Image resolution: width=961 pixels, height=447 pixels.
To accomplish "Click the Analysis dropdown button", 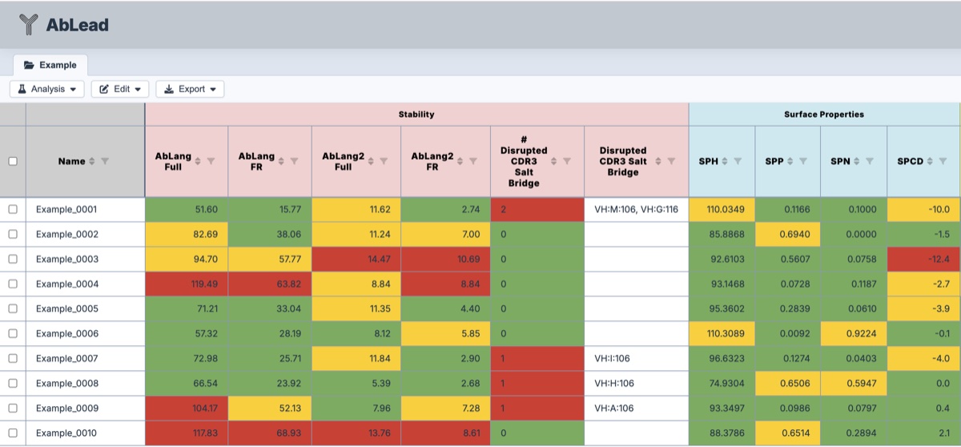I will coord(47,89).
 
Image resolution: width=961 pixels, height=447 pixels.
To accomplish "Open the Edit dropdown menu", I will coord(120,89).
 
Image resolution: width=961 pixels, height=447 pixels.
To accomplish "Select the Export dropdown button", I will coord(190,89).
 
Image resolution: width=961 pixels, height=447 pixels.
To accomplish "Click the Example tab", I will coord(50,65).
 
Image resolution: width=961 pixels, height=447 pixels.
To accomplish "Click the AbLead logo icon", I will coord(29,25).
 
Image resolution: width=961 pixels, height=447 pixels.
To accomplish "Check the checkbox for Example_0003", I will coord(12,260).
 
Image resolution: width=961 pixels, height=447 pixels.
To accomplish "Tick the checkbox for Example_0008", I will coord(12,384).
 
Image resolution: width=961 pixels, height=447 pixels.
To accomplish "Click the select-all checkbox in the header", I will coord(12,161).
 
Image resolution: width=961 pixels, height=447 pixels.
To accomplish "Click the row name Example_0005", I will coord(66,309).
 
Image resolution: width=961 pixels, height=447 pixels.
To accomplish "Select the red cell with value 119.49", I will coord(187,284).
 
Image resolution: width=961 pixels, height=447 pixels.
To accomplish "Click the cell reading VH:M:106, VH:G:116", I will coord(636,210).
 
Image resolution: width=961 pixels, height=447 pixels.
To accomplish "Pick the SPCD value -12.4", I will coord(923,260).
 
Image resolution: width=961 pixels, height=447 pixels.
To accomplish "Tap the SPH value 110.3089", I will coord(722,334).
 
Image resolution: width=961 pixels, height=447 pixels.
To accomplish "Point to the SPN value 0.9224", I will coord(854,334).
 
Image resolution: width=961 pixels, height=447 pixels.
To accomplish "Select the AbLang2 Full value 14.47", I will coord(356,260).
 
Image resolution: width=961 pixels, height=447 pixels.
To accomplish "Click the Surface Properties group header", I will coord(824,115).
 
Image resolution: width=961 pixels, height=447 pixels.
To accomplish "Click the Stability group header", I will coord(416,115).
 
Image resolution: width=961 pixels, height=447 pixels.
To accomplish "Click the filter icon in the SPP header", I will coord(802,161).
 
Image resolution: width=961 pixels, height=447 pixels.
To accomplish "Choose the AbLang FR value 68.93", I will coord(270,433).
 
